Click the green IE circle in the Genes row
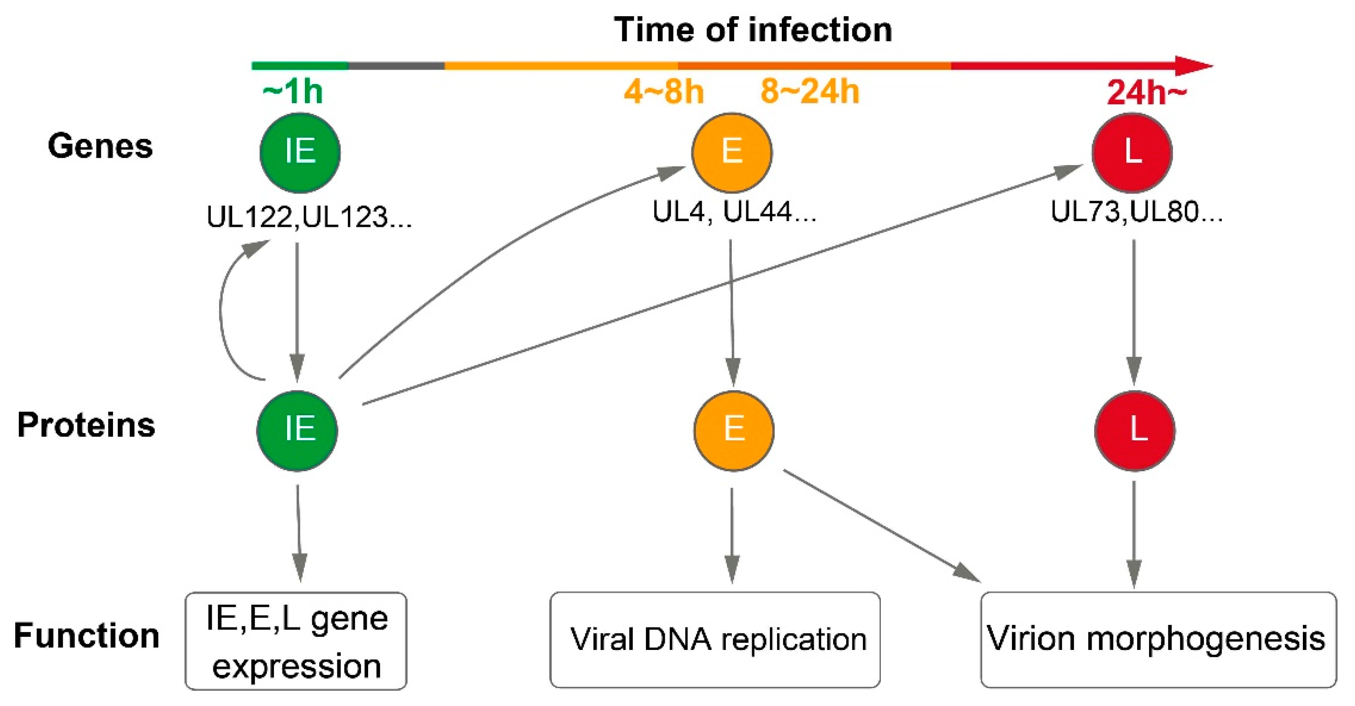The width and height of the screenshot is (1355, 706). pyautogui.click(x=300, y=152)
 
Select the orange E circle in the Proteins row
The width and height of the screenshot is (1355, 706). pyautogui.click(x=734, y=431)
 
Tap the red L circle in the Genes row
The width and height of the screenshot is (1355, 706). pyautogui.click(x=1132, y=152)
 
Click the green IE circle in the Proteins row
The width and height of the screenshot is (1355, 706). pyautogui.click(x=297, y=431)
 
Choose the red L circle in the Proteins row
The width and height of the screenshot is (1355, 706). pyautogui.click(x=1135, y=431)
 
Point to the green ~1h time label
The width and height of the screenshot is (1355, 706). pyautogui.click(x=292, y=92)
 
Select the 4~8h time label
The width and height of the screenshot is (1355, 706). pyautogui.click(x=664, y=92)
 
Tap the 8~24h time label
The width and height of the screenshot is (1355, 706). pyautogui.click(x=809, y=92)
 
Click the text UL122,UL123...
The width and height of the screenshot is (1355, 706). pyautogui.click(x=309, y=217)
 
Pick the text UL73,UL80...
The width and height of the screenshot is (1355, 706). pyautogui.click(x=1136, y=212)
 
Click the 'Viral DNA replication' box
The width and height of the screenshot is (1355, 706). pyautogui.click(x=715, y=640)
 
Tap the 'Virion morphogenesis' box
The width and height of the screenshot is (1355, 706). pyautogui.click(x=1158, y=640)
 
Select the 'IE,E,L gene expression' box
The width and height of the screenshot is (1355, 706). pyautogui.click(x=296, y=641)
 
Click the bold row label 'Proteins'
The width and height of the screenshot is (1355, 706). pyautogui.click(x=86, y=425)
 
